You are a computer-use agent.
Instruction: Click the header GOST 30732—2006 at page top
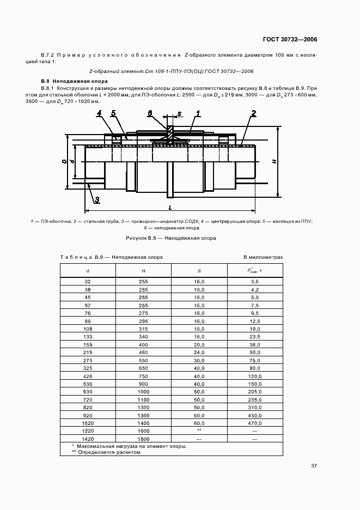[290, 39]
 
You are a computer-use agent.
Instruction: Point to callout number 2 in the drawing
[254, 113]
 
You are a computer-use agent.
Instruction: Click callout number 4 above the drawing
[100, 113]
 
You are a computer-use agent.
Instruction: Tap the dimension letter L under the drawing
[170, 208]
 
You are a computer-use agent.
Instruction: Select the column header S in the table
[199, 270]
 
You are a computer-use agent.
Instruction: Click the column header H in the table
[143, 270]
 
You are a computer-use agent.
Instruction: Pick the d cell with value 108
[88, 330]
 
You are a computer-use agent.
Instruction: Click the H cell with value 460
[143, 353]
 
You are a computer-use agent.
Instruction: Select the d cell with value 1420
[88, 438]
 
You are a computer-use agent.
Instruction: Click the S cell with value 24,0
[199, 353]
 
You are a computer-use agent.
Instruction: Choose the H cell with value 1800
[143, 438]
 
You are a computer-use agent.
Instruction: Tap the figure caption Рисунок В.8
[171, 238]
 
